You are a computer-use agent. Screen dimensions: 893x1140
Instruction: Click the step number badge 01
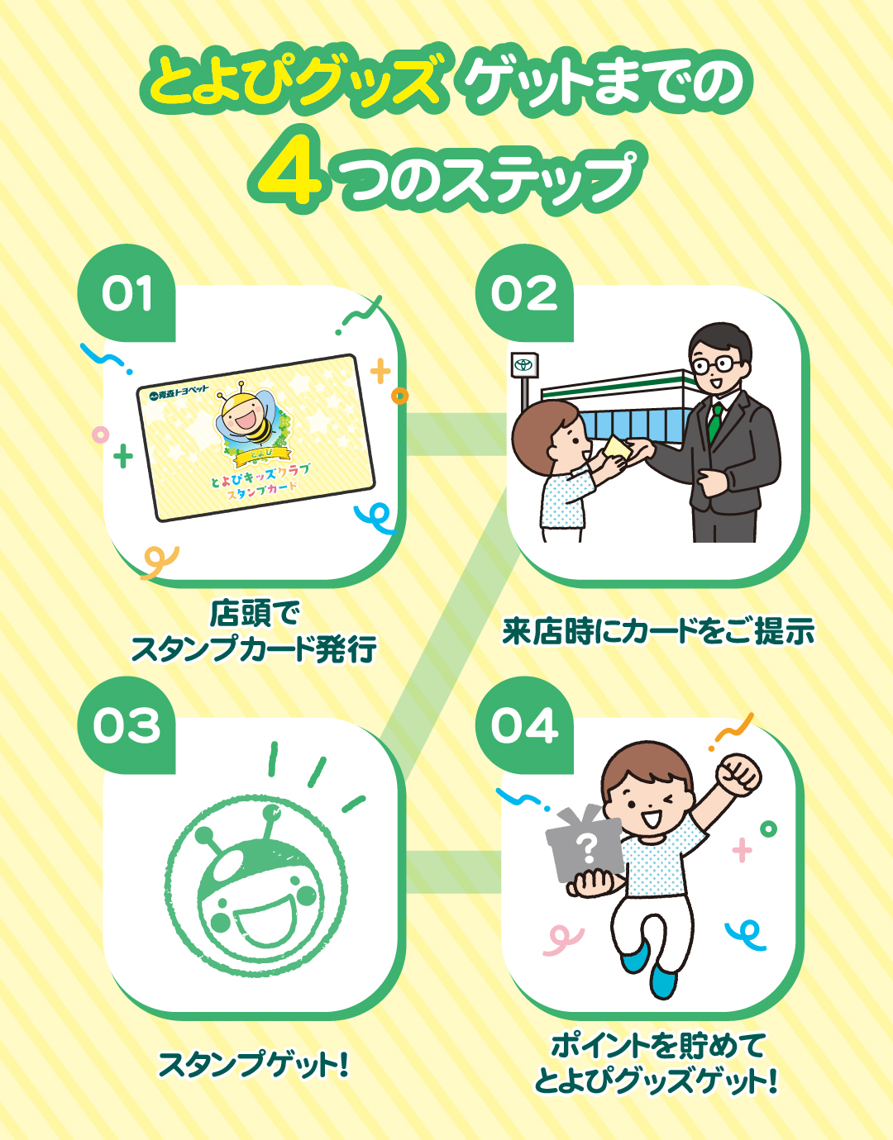point(127,293)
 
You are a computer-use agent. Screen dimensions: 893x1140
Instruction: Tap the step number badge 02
point(524,293)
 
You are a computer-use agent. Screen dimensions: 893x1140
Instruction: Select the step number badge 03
point(127,725)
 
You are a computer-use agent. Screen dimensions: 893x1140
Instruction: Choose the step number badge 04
point(524,725)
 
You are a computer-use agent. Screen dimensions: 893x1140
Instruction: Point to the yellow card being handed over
point(618,449)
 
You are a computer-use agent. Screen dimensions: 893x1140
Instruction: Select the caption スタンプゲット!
point(254,1064)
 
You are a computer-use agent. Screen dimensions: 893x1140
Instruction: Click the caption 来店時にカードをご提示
point(658,631)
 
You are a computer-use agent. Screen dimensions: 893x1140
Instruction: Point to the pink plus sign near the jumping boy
point(742,850)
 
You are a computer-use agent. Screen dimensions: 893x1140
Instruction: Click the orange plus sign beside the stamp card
point(380,372)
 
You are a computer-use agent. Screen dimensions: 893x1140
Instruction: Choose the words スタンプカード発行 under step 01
point(254,649)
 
